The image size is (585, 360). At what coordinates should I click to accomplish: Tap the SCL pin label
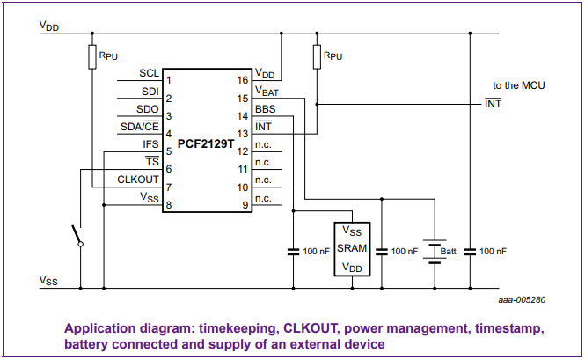tap(149, 73)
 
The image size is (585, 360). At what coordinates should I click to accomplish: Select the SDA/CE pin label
tap(139, 127)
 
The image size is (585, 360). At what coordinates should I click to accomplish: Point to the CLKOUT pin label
tap(138, 180)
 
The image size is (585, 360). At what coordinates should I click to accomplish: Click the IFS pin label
tap(150, 144)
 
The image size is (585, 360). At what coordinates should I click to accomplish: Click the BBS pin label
tap(265, 109)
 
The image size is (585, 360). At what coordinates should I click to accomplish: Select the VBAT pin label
tap(267, 91)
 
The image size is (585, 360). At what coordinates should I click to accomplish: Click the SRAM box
tap(352, 248)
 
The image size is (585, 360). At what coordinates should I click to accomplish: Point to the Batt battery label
tap(449, 251)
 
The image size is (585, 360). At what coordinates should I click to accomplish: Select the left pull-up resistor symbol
tap(92, 57)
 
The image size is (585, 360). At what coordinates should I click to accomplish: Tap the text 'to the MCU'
tap(518, 85)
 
